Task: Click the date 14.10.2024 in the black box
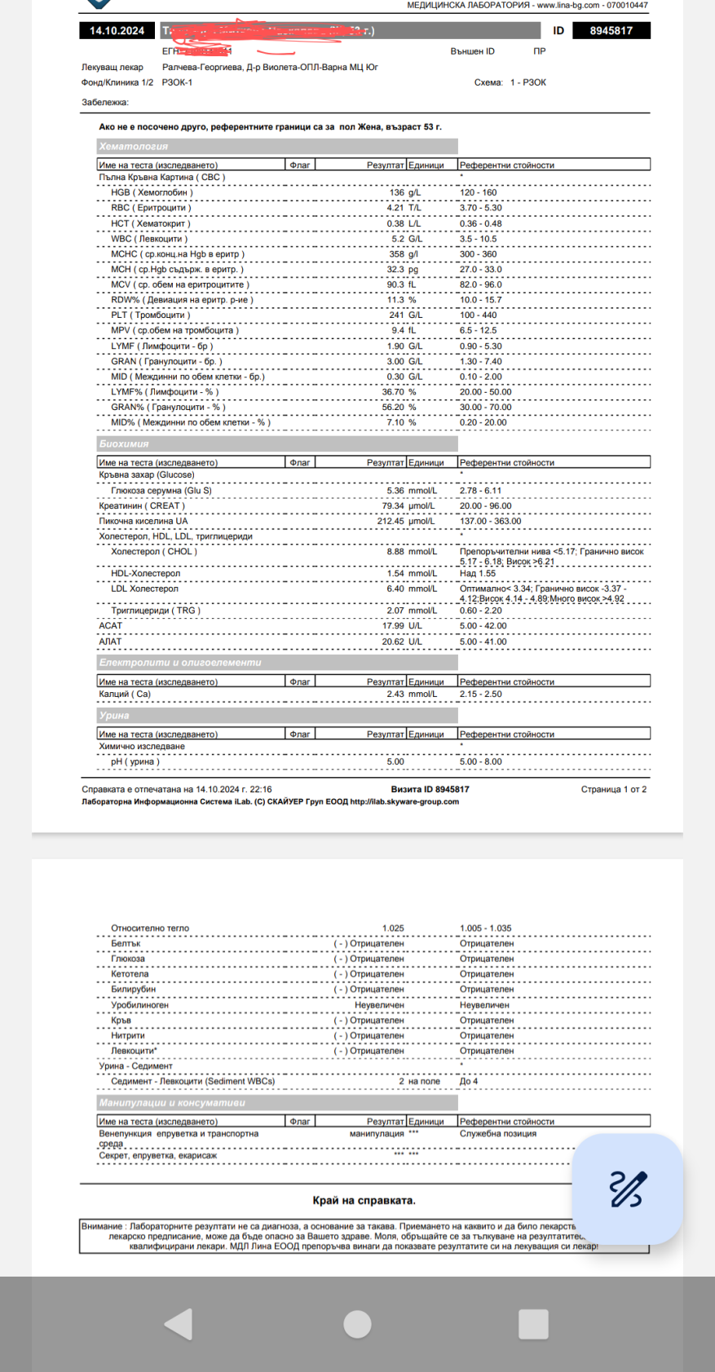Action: click(117, 31)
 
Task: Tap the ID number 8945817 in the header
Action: click(611, 31)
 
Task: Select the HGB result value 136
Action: click(396, 193)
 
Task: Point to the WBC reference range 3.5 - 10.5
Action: click(478, 239)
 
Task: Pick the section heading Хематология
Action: click(134, 147)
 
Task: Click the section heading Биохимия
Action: click(124, 444)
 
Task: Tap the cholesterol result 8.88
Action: click(395, 552)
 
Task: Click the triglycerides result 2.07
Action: click(395, 611)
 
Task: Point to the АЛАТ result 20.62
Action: click(393, 642)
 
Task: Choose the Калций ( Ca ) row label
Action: click(125, 695)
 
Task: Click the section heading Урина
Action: click(114, 716)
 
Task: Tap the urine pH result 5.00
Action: click(395, 762)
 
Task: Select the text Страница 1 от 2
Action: click(613, 790)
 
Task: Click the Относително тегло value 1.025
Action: click(393, 929)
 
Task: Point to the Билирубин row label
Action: click(133, 990)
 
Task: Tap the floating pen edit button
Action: click(628, 1189)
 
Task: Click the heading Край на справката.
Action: click(364, 1201)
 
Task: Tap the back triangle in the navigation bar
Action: click(179, 1324)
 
